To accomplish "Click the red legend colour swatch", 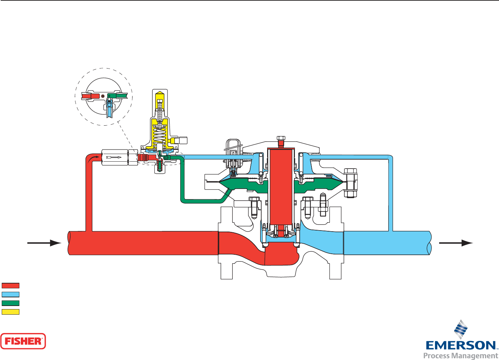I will click(10, 286).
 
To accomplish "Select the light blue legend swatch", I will click(10, 294).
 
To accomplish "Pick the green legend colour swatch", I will click(10, 303).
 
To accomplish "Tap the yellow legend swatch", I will click(10, 312).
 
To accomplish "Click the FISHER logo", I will click(23, 341).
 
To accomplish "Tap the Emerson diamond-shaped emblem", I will click(461, 329).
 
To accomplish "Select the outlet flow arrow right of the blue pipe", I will click(455, 243).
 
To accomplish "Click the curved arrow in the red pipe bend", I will click(94, 159).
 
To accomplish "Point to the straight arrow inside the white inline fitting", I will click(114, 157).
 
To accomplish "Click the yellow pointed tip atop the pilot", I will click(160, 94).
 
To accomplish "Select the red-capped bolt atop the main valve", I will click(281, 141).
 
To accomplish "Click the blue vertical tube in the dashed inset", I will click(110, 111).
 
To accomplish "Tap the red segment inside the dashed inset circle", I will click(91, 96).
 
